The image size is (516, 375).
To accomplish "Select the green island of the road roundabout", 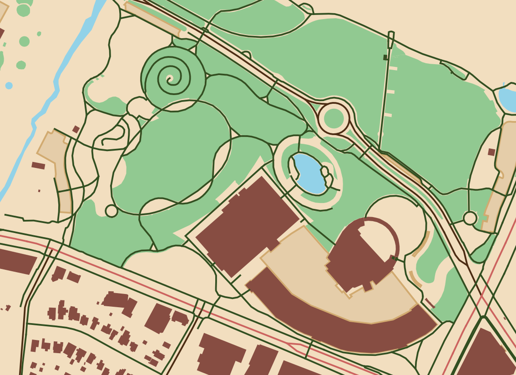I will [334, 118].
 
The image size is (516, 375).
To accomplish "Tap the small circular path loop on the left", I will [111, 211].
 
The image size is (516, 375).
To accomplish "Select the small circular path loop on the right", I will [470, 218].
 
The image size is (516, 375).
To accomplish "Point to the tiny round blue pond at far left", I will [9, 86].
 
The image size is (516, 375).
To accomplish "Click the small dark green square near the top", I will [385, 57].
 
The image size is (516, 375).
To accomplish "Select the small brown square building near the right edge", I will [491, 152].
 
